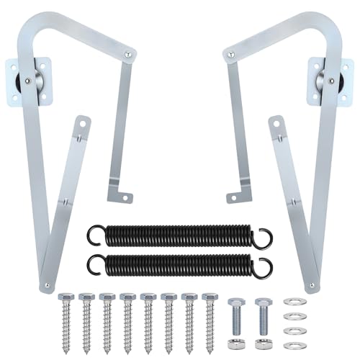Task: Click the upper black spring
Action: pyautogui.click(x=180, y=235)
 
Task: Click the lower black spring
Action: pyautogui.click(x=180, y=264)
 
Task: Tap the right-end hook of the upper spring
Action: pyautogui.click(x=265, y=234)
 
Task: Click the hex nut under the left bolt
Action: pyautogui.click(x=236, y=343)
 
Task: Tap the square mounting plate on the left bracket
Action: pyautogui.click(x=25, y=81)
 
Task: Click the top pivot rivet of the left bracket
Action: pyautogui.click(x=127, y=53)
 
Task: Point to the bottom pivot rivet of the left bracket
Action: pyautogui.click(x=48, y=285)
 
